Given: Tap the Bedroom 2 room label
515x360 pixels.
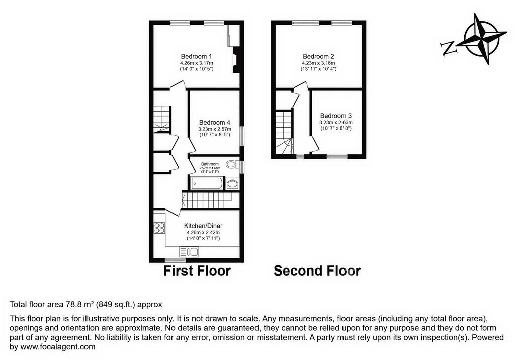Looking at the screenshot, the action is click(x=318, y=56).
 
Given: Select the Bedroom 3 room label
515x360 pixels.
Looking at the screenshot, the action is click(x=335, y=116).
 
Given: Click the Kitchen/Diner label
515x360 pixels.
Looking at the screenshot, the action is click(x=203, y=226).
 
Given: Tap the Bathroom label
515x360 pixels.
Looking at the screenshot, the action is click(x=210, y=164).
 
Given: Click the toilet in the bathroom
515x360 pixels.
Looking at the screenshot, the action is click(x=232, y=164).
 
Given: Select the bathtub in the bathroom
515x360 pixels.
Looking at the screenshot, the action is click(x=207, y=184).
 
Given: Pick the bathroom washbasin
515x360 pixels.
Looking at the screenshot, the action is click(x=233, y=184).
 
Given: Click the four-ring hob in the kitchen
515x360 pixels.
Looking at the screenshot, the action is click(x=159, y=228).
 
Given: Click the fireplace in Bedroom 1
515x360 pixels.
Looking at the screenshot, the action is click(x=236, y=60).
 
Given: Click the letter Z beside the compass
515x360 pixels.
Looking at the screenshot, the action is click(x=449, y=48).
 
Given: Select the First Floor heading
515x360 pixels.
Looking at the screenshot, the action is click(x=197, y=271).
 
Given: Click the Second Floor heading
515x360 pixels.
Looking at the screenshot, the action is click(x=317, y=271).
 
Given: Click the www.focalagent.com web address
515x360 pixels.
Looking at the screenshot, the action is click(x=58, y=346).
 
